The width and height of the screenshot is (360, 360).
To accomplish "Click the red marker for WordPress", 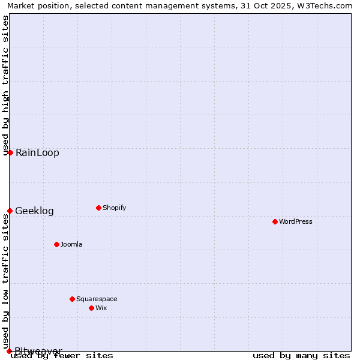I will tap(275, 221).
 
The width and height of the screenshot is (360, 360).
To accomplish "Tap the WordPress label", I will tap(296, 221).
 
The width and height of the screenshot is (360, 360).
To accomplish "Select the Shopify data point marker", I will tap(98, 208).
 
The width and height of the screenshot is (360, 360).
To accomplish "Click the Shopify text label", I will tap(115, 208).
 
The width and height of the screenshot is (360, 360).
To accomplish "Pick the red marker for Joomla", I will tap(56, 244).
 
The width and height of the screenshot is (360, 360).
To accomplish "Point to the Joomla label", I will tap(71, 244).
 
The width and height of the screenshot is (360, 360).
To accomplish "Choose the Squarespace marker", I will tap(72, 299).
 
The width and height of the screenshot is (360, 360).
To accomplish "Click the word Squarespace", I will tap(97, 299).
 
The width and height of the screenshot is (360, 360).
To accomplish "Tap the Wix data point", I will tap(91, 308).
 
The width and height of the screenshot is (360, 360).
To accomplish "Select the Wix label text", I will tap(101, 308).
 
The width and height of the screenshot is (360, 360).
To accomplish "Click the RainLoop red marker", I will tap(10, 152).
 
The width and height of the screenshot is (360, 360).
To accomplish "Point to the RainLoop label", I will tap(37, 152).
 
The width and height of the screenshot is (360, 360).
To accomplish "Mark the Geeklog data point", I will tap(10, 211).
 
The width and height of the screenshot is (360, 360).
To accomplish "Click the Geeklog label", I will tap(34, 211).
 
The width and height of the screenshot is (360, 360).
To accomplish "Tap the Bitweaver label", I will tap(38, 350).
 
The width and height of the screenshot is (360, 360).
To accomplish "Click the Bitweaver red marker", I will tap(9, 351).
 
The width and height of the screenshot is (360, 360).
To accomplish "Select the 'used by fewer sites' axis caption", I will tap(62, 356).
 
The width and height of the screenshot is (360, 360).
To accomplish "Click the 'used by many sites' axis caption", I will tap(301, 356).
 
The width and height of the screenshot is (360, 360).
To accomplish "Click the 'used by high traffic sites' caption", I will tap(5, 85).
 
